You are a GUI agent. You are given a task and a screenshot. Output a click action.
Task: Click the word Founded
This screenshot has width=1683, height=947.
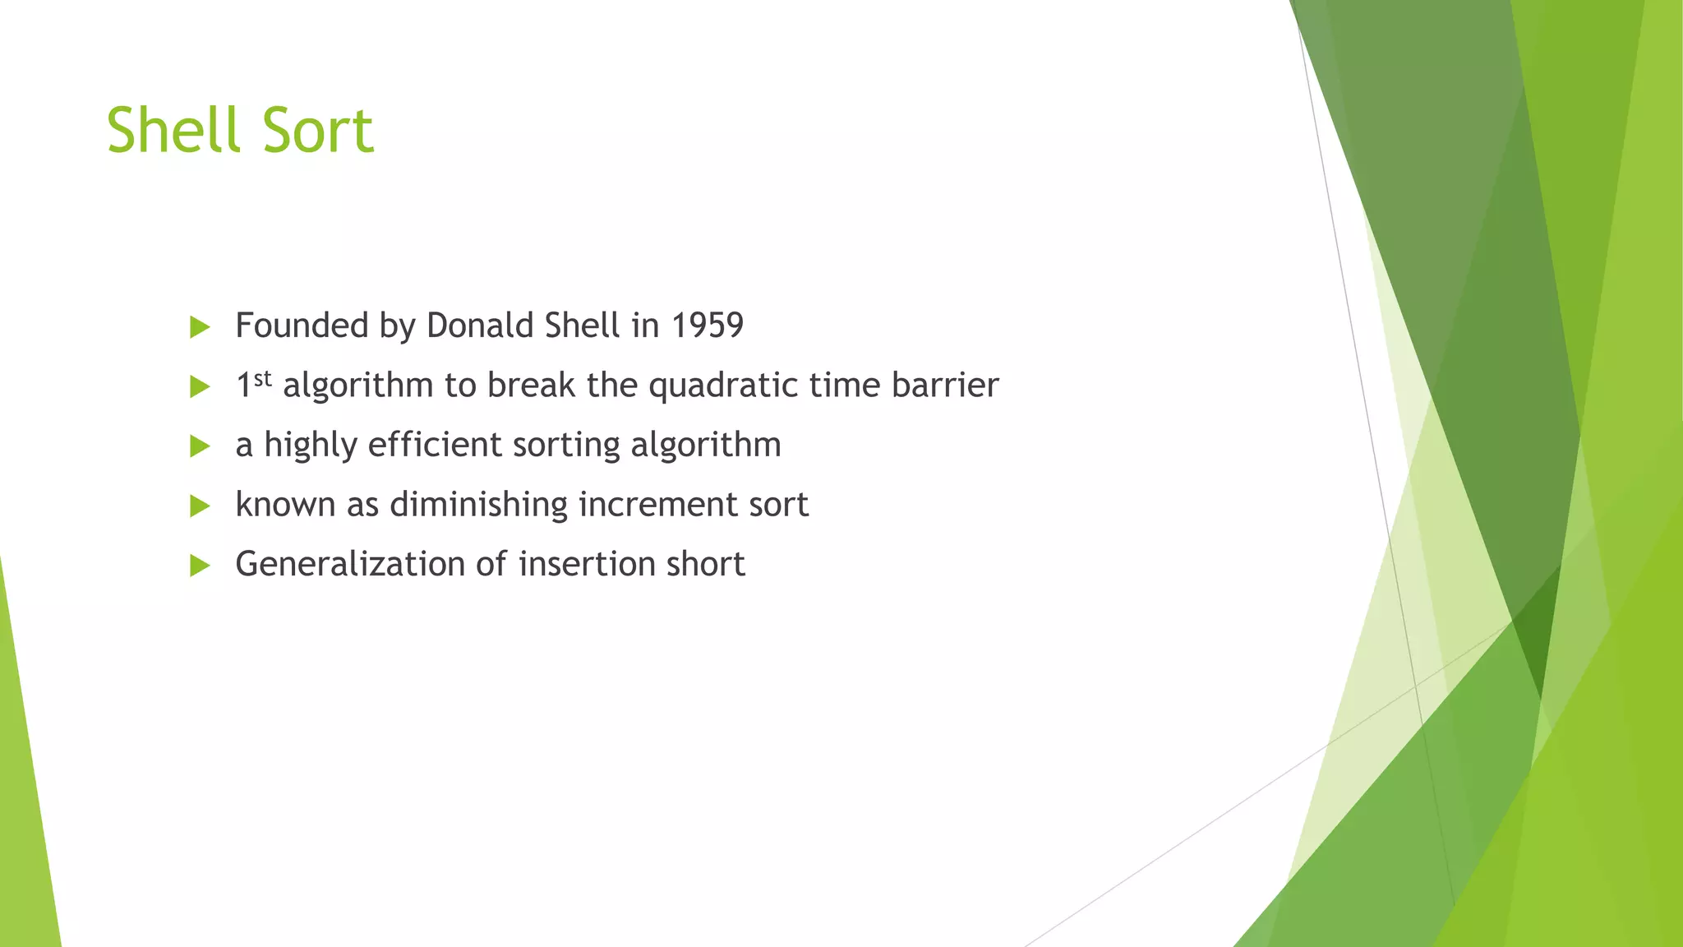pos(302,326)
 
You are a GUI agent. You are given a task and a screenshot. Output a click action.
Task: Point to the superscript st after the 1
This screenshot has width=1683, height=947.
pos(262,378)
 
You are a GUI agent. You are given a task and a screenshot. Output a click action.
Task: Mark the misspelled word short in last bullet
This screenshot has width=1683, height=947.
pos(705,564)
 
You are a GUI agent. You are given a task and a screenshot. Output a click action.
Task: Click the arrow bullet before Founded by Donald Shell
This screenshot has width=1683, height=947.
pos(200,327)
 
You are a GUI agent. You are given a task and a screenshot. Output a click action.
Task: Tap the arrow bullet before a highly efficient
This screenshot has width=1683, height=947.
pos(200,446)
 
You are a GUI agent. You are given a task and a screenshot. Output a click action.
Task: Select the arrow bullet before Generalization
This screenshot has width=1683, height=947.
pos(200,566)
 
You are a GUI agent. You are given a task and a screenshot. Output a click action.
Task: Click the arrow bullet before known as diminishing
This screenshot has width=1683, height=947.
pos(200,506)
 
